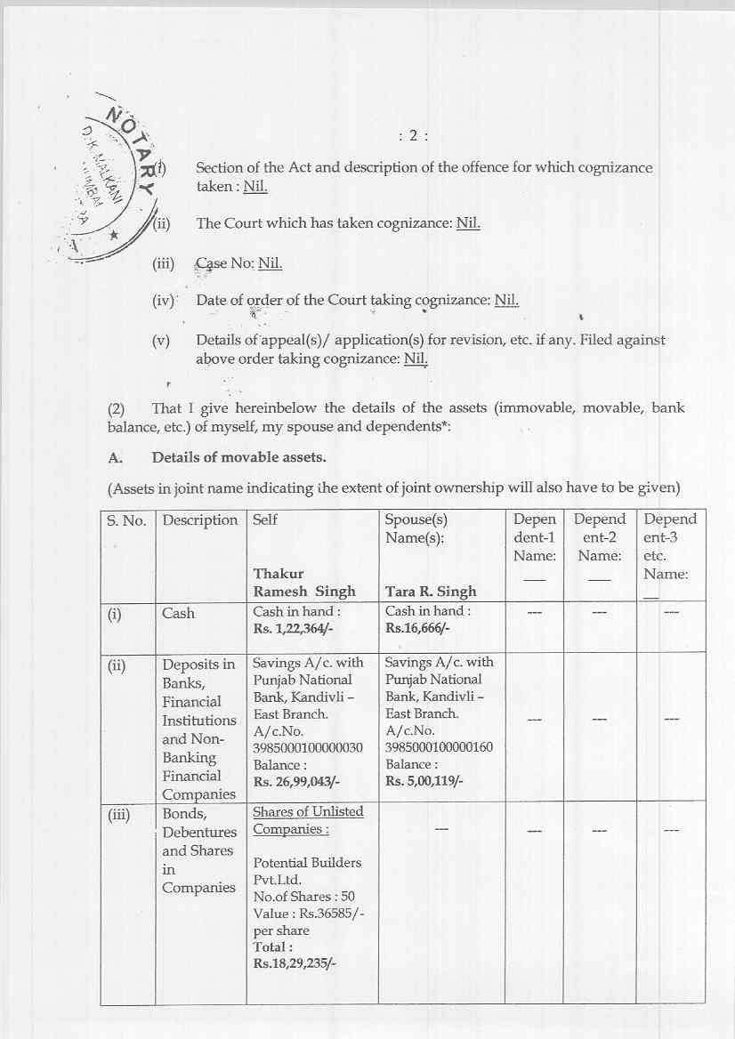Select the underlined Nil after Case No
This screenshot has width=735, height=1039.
click(270, 263)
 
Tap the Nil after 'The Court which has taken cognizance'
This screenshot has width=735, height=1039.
click(468, 223)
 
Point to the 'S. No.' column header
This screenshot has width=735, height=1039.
click(126, 519)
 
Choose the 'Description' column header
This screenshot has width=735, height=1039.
click(200, 519)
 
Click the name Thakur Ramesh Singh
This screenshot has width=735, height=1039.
click(304, 583)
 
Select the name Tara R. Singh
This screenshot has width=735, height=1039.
click(431, 592)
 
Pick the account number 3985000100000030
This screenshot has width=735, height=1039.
click(308, 747)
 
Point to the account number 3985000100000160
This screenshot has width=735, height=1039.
click(439, 747)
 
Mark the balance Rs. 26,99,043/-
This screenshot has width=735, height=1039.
click(297, 782)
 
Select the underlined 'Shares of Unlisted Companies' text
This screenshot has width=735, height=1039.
click(308, 820)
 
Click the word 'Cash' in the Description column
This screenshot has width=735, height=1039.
click(178, 613)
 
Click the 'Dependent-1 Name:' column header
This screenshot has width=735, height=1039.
click(534, 537)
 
